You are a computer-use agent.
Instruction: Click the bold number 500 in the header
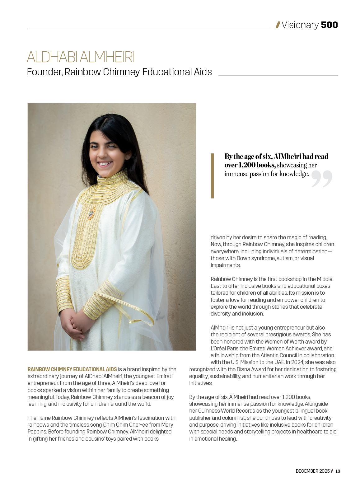point(329,25)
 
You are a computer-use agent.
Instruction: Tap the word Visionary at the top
point(300,25)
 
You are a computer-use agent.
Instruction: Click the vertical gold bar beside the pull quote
point(213,176)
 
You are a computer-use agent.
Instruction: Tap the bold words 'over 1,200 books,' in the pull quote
point(250,165)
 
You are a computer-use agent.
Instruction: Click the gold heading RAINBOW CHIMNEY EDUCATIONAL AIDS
point(72,369)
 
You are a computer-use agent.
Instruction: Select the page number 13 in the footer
point(338,471)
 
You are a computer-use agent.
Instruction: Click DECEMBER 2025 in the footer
point(312,471)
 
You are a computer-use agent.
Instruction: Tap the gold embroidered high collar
point(110,179)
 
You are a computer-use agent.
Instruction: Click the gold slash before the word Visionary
point(278,25)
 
